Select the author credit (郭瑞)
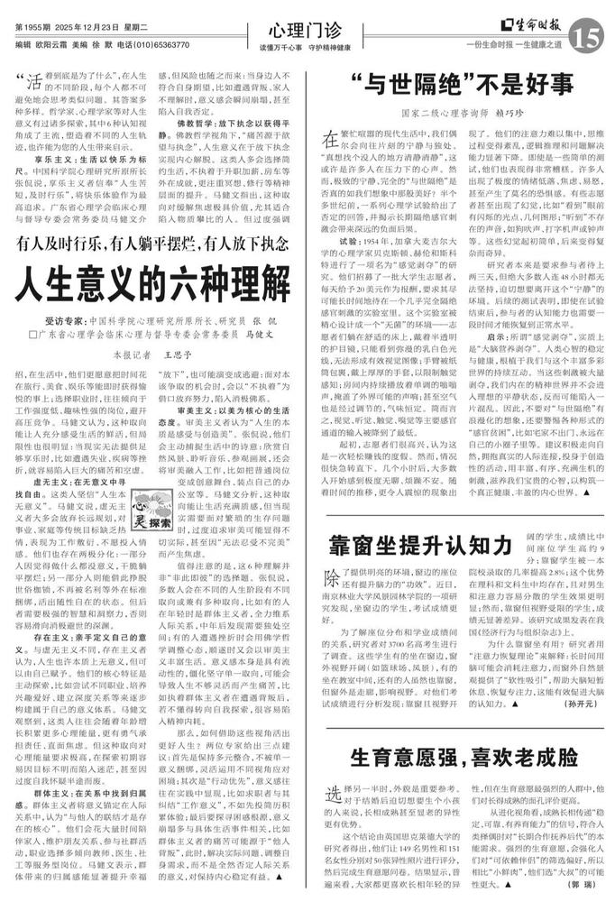[x=572, y=885]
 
